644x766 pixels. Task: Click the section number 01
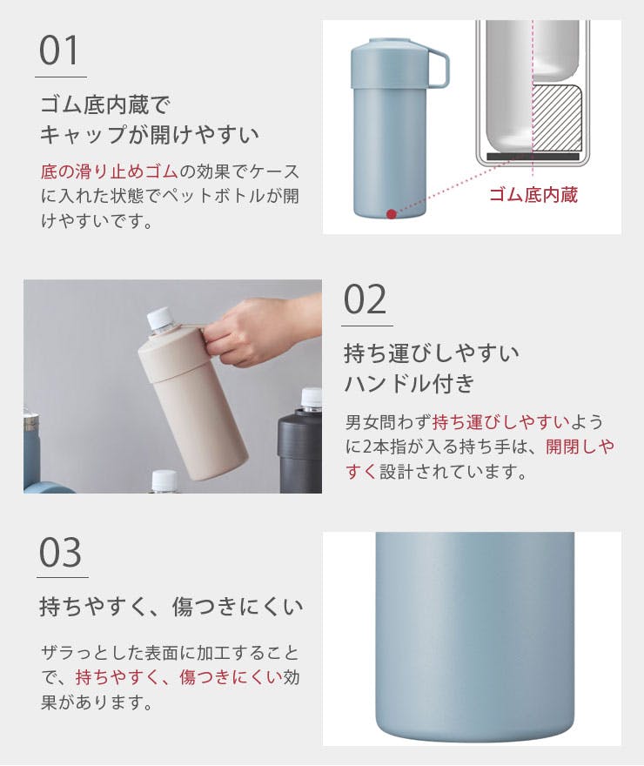click(x=60, y=52)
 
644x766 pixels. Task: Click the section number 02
click(x=365, y=299)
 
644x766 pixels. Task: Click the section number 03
click(x=61, y=552)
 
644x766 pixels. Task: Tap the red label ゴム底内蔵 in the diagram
click(x=533, y=194)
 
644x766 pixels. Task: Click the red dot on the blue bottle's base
click(x=392, y=213)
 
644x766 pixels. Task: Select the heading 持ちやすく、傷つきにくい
click(x=171, y=607)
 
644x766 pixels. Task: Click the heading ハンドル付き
click(x=409, y=383)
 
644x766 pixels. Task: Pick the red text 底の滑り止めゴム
click(x=109, y=171)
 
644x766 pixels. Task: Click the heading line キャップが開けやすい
click(x=150, y=135)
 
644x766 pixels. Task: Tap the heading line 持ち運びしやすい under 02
click(x=432, y=353)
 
